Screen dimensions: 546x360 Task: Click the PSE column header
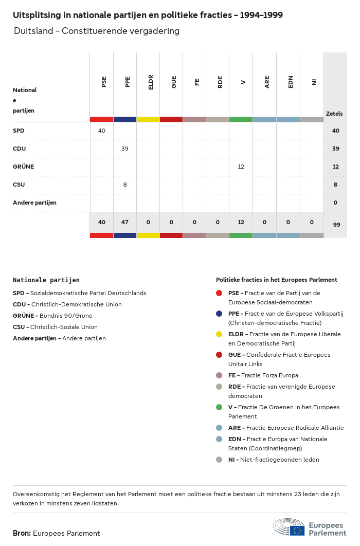click(x=104, y=82)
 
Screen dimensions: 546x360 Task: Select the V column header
click(x=243, y=82)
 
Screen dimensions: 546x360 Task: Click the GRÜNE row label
click(x=23, y=167)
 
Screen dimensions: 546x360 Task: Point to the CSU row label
click(x=19, y=185)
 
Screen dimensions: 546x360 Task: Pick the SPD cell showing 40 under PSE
click(x=101, y=131)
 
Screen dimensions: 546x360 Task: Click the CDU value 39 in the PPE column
click(x=125, y=149)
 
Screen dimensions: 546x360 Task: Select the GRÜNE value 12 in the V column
click(x=241, y=167)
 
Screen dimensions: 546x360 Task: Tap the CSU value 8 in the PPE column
click(x=125, y=185)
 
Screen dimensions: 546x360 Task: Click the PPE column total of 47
click(x=125, y=222)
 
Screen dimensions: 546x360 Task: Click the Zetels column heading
click(x=334, y=114)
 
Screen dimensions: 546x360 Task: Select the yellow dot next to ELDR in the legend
click(x=219, y=334)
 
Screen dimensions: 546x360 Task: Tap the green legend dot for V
click(x=219, y=407)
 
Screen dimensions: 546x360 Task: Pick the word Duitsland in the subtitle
click(x=33, y=31)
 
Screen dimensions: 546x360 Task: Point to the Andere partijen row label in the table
click(x=34, y=203)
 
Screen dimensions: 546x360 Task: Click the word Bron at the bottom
click(x=22, y=533)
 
